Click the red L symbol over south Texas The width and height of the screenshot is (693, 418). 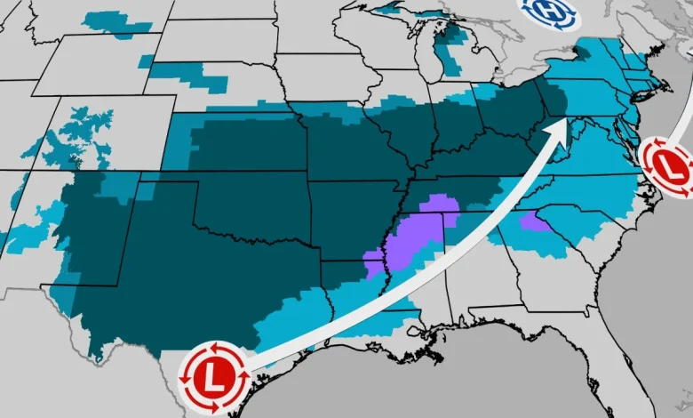tap(214, 377)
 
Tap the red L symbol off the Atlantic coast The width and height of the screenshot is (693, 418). tap(669, 166)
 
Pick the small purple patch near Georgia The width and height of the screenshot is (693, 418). tap(534, 221)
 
